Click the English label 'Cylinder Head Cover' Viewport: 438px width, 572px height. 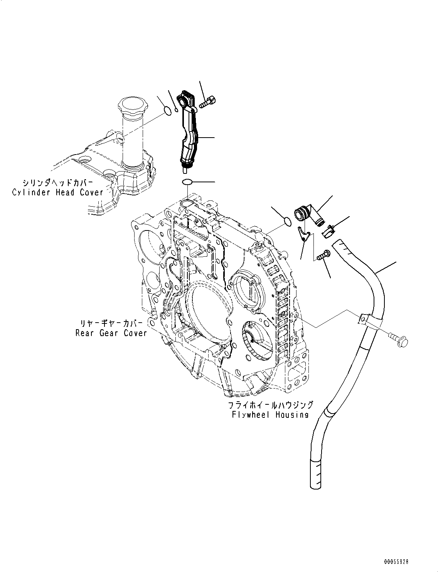tap(58, 192)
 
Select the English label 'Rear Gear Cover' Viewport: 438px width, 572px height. tap(111, 333)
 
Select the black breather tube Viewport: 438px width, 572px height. tap(189, 131)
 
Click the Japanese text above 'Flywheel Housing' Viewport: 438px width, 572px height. tap(270, 405)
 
